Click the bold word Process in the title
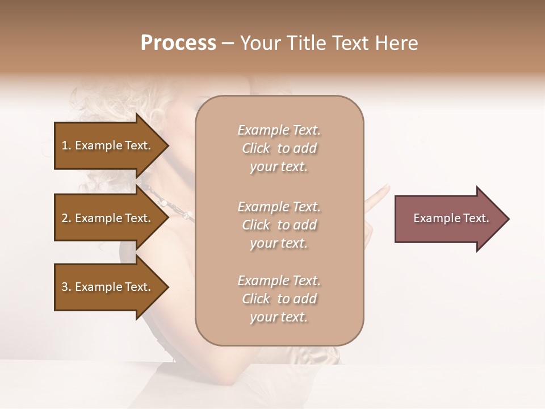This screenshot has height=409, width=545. click(x=178, y=43)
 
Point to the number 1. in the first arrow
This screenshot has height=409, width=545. click(x=66, y=145)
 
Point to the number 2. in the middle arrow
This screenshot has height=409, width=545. click(x=66, y=218)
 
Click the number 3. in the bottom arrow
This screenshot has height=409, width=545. click(x=66, y=287)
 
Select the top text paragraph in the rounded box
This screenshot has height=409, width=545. click(x=279, y=148)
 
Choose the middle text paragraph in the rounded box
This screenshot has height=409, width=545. click(x=279, y=225)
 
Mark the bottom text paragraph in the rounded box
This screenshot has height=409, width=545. click(x=279, y=299)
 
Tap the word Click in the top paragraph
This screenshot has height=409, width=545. click(x=256, y=149)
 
